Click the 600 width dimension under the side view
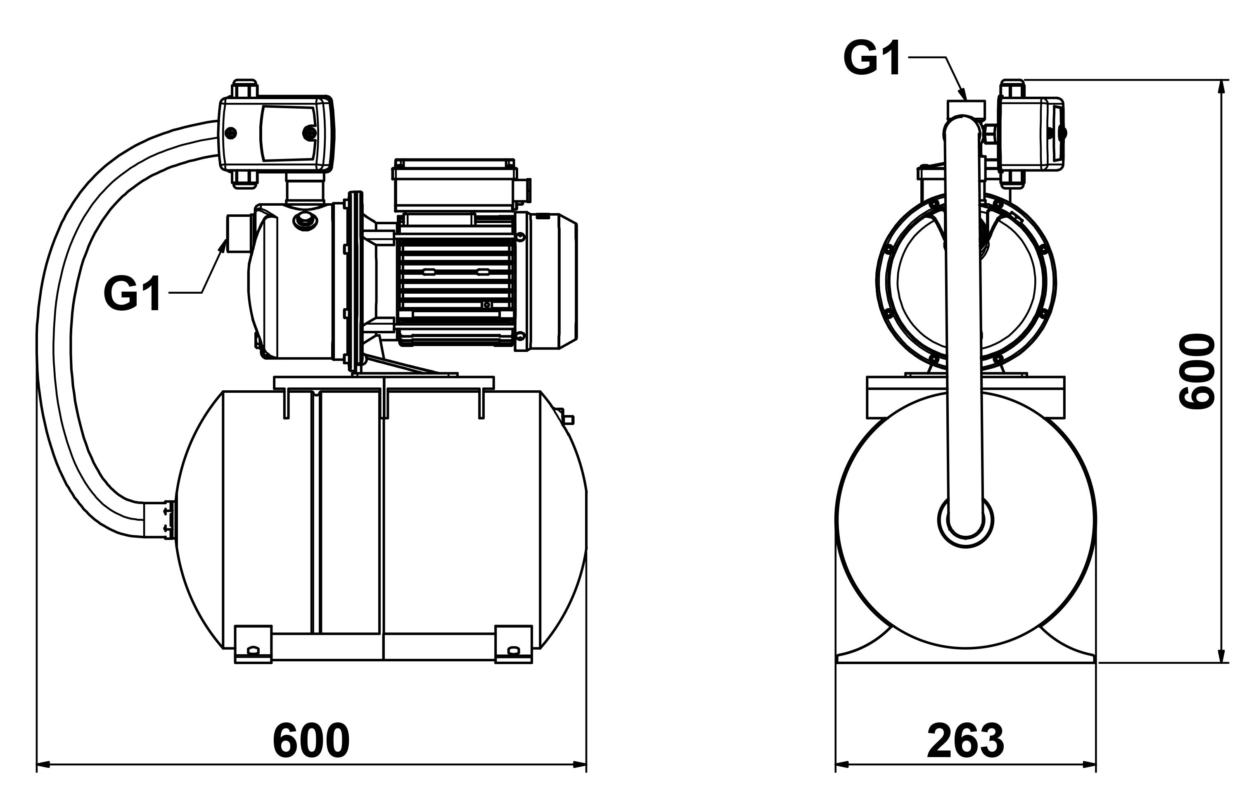pyautogui.click(x=311, y=741)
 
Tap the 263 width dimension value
pyautogui.click(x=965, y=741)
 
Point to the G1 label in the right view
pyautogui.click(x=872, y=59)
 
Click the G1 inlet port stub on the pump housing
pyautogui.click(x=237, y=233)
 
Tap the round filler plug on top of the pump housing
pyautogui.click(x=305, y=221)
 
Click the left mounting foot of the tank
pyautogui.click(x=254, y=644)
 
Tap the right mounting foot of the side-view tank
pyautogui.click(x=514, y=644)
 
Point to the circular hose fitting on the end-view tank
pyautogui.click(x=965, y=520)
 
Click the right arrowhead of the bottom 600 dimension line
pyautogui.click(x=580, y=765)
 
